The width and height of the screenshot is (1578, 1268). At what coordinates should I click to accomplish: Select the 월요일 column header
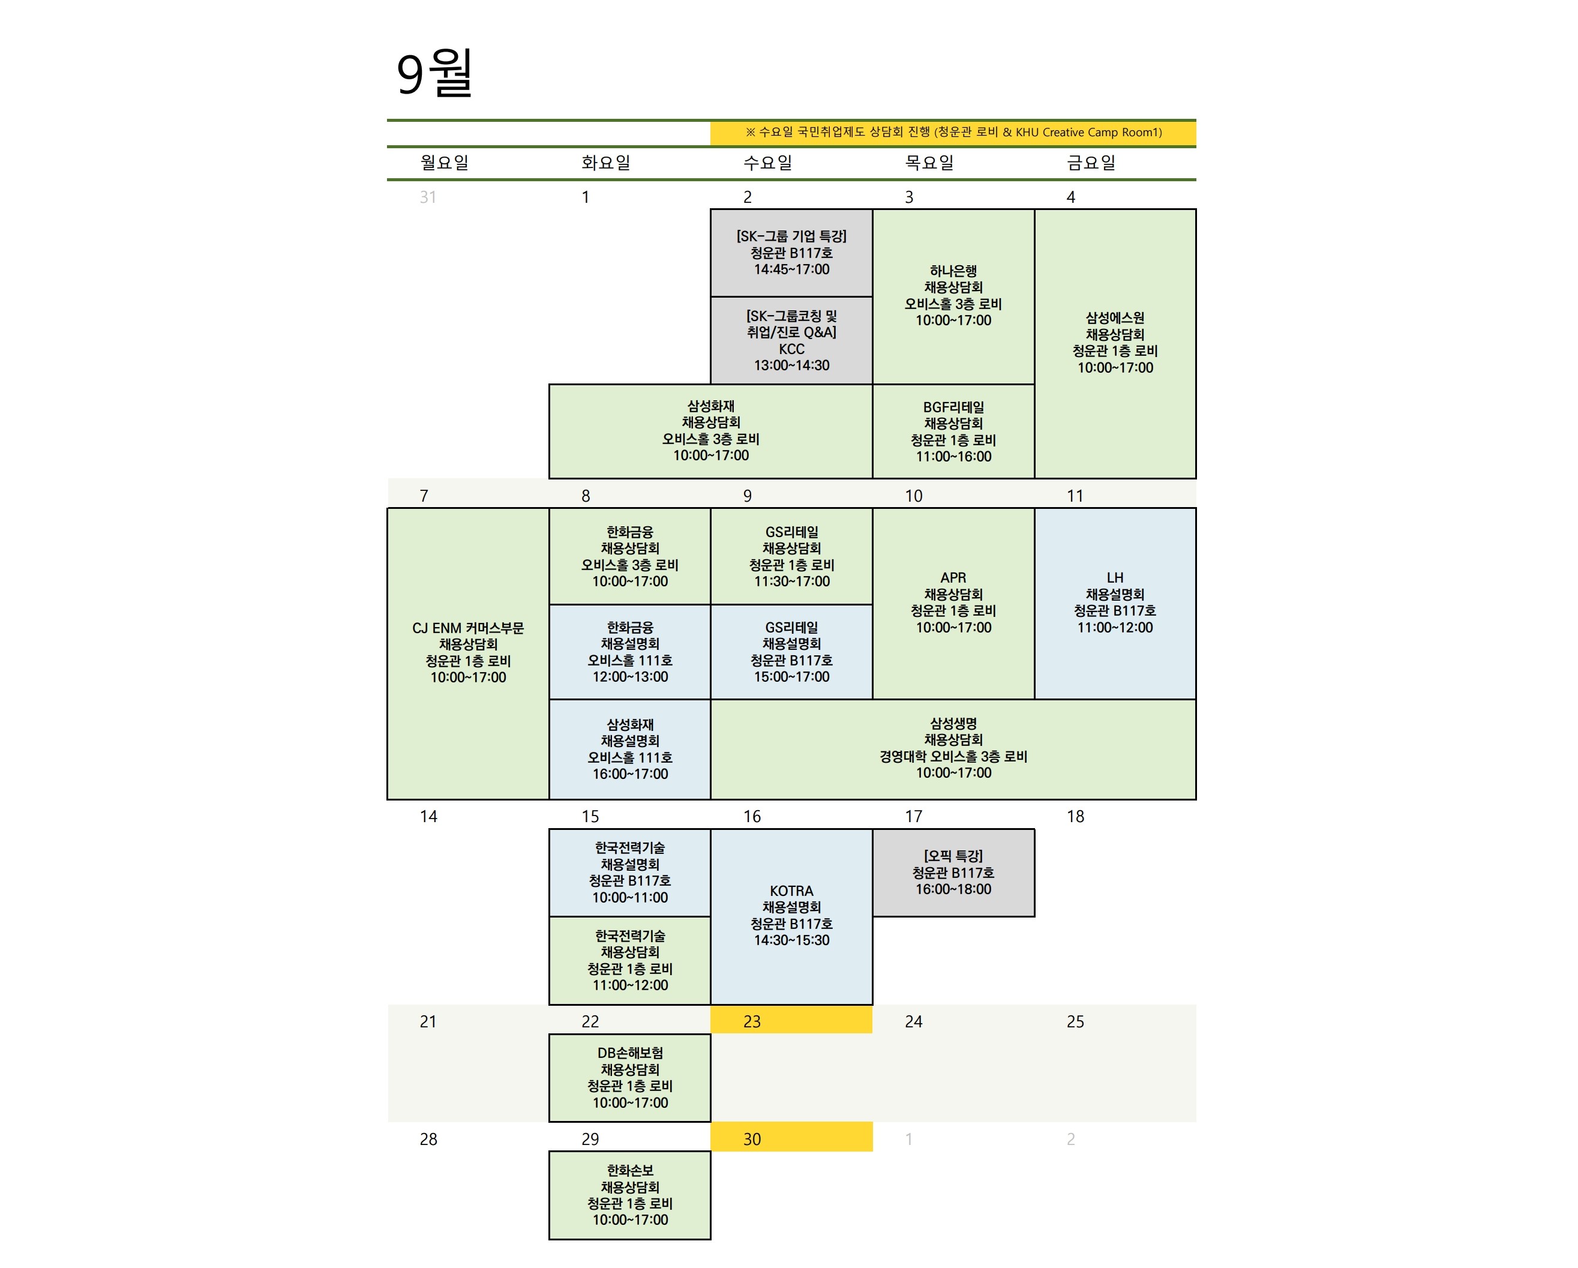pos(444,163)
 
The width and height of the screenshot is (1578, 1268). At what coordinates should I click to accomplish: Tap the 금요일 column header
pos(1091,163)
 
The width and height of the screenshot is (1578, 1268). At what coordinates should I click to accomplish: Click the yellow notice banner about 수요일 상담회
pos(953,133)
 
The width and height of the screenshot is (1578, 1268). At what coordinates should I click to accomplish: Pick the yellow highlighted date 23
pos(791,1021)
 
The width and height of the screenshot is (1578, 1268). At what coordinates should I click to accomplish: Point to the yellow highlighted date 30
pos(791,1138)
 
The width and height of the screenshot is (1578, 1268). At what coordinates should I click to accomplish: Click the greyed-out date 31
pos(428,197)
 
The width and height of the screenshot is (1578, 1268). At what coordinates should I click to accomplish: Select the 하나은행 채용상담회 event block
pos(953,296)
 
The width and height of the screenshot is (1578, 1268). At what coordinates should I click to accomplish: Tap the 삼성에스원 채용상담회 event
pos(1115,343)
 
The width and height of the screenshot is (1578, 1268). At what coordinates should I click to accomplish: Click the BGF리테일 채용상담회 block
pos(953,431)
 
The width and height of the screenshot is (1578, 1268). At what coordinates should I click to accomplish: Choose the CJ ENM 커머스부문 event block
pos(467,653)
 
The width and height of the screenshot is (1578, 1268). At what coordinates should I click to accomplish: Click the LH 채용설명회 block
pos(1115,603)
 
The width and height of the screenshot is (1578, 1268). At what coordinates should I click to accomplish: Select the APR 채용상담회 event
pos(953,603)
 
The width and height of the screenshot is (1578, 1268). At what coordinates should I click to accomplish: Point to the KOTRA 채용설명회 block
pos(791,916)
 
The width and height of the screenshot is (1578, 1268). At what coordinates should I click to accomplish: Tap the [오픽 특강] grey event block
pos(953,873)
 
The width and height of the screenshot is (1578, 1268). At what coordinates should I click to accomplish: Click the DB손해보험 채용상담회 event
pos(629,1078)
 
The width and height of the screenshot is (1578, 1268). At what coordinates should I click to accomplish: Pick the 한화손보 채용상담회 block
pos(629,1195)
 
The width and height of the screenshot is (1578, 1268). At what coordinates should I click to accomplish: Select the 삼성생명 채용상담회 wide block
pos(953,749)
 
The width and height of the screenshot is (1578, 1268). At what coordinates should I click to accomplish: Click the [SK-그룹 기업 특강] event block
pos(791,253)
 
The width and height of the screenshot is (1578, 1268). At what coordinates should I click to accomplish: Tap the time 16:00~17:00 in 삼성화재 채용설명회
pos(630,774)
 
